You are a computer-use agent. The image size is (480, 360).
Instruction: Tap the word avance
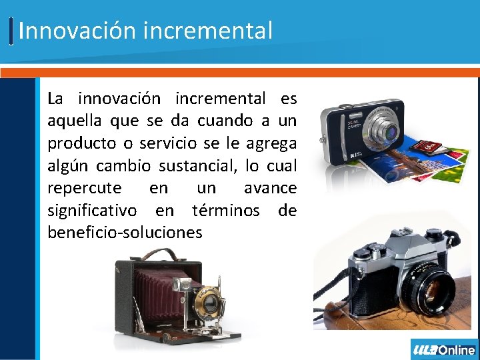click(270, 188)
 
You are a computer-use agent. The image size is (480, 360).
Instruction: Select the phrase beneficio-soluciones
click(125, 232)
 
